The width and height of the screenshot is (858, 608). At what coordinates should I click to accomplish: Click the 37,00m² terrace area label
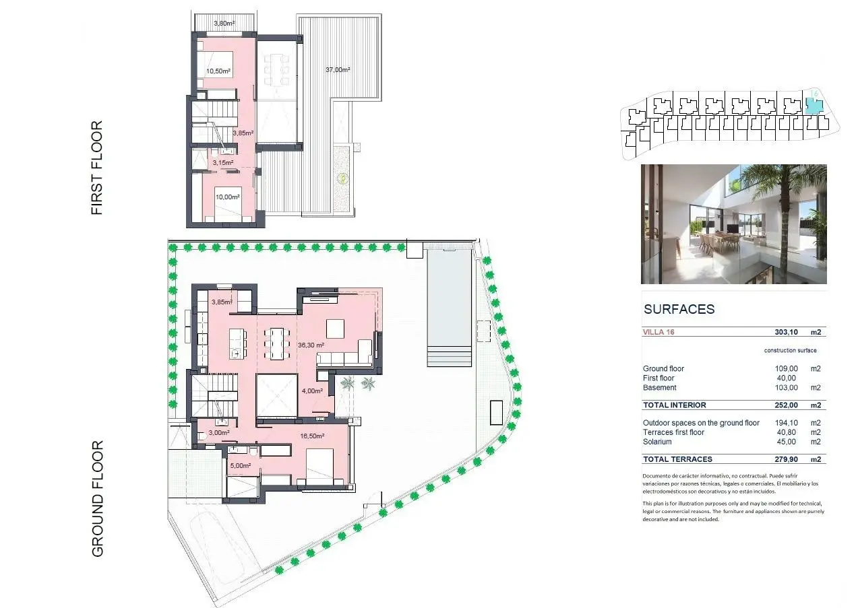pos(338,69)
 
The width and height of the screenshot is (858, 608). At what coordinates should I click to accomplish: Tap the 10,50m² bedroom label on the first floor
pos(218,71)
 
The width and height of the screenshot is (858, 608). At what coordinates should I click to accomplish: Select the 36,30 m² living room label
pos(311,345)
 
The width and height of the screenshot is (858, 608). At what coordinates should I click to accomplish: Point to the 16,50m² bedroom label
pos(312,436)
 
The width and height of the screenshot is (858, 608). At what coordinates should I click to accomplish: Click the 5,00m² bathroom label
pos(241,466)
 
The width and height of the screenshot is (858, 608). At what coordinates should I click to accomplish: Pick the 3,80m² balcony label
pos(224,24)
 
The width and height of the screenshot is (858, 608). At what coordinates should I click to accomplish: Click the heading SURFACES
pos(679,309)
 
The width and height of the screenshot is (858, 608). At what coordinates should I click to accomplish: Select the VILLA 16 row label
pos(658,332)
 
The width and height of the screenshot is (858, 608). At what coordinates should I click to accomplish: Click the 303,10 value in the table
pos(786,332)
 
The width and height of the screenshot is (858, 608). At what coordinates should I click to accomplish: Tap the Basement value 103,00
pos(786,388)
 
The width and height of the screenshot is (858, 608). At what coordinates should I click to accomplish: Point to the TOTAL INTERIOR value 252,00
pos(786,405)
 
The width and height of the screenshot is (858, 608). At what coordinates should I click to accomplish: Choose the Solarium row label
pos(657,442)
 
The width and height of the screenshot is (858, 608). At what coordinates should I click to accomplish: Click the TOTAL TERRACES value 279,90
pos(786,460)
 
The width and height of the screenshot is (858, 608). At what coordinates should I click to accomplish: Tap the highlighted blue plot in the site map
pos(814,106)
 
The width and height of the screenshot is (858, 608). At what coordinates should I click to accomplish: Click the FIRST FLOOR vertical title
pos(97,168)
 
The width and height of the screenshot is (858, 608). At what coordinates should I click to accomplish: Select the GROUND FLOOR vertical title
pos(97,498)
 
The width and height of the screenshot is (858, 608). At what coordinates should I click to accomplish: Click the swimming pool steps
pos(450,356)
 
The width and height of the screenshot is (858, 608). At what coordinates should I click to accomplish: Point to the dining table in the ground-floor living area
pos(277,343)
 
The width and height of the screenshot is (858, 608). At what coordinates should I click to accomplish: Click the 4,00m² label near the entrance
pos(312,391)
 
